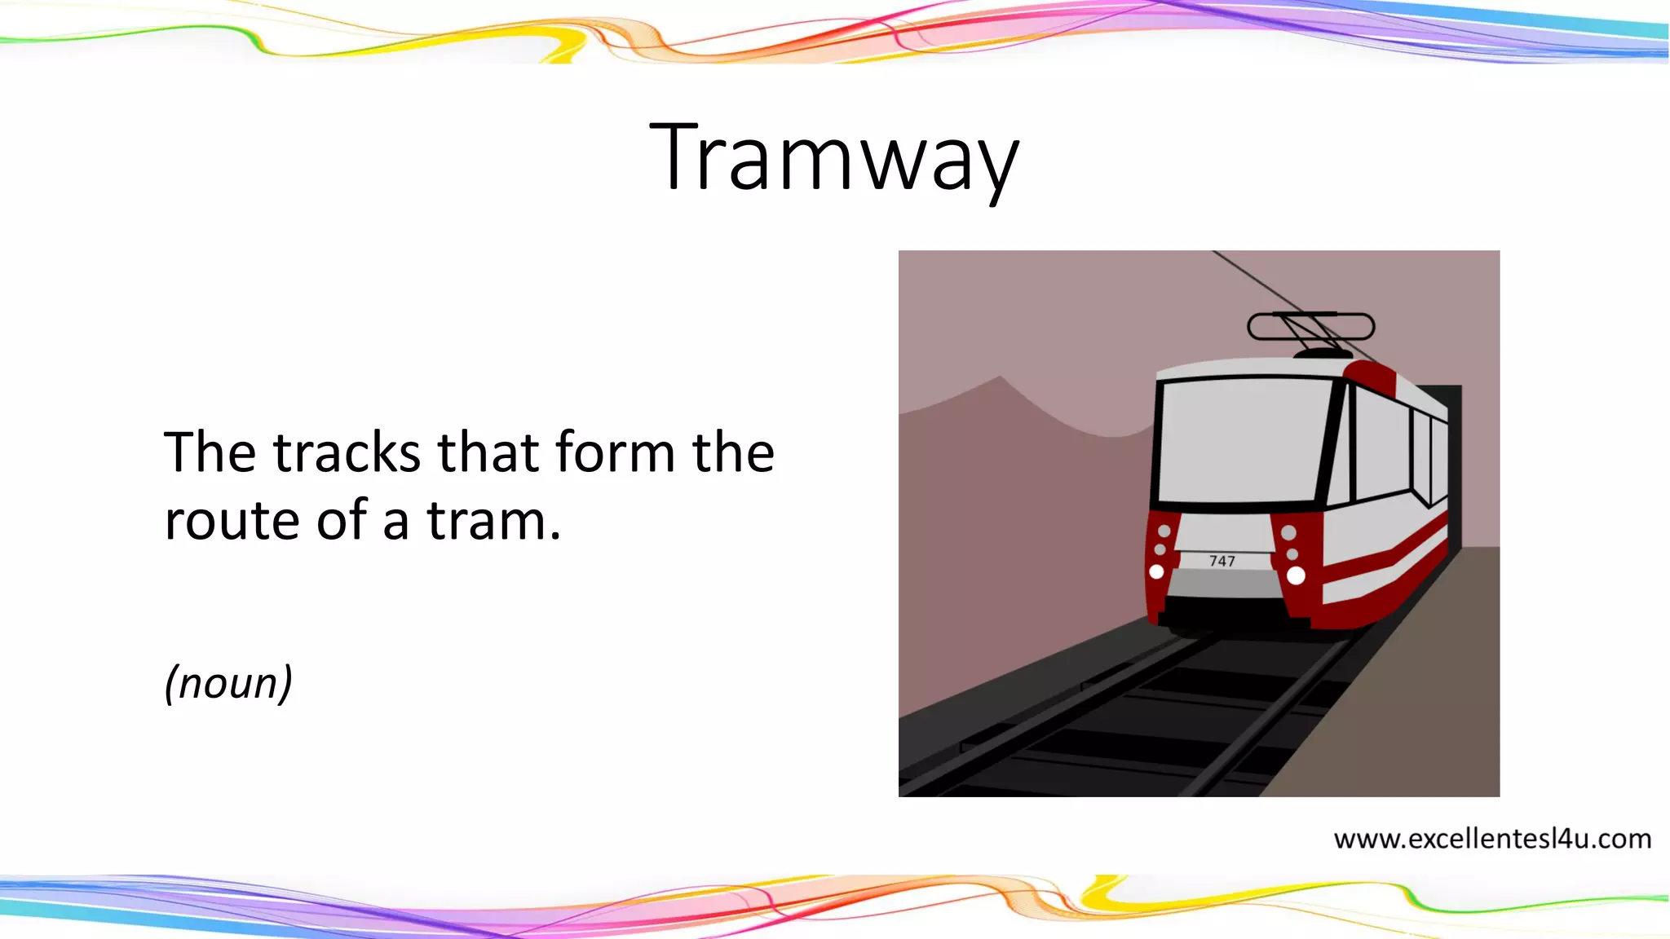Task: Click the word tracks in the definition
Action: (347, 452)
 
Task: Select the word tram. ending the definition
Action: (494, 521)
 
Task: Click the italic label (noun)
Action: (228, 683)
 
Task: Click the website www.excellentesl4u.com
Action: (1491, 839)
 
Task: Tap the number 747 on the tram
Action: (1222, 561)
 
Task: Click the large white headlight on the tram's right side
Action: (1296, 575)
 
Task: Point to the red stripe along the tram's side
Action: (1386, 554)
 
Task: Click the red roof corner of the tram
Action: (1370, 376)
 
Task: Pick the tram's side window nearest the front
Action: (1381, 444)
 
